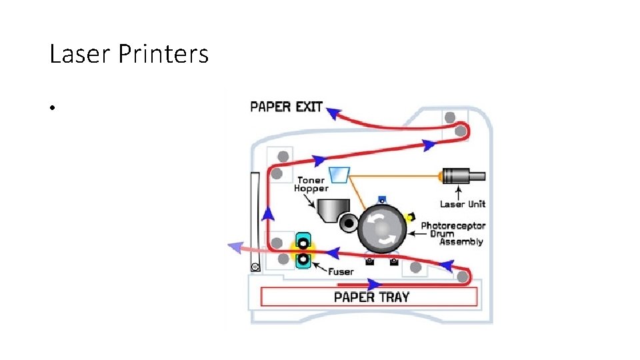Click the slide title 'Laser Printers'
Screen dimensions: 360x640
point(129,54)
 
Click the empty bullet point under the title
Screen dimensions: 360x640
point(51,108)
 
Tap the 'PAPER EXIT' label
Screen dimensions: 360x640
point(286,107)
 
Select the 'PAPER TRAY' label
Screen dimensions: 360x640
point(371,297)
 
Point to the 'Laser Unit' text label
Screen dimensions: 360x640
point(463,204)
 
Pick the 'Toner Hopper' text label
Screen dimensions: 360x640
point(311,185)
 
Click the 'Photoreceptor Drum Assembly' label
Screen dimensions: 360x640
point(453,234)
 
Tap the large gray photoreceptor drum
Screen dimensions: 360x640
point(382,229)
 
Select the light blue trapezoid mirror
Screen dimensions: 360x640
point(339,174)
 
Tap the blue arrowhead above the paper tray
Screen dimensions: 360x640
point(376,285)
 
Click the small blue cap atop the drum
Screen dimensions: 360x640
point(382,199)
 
